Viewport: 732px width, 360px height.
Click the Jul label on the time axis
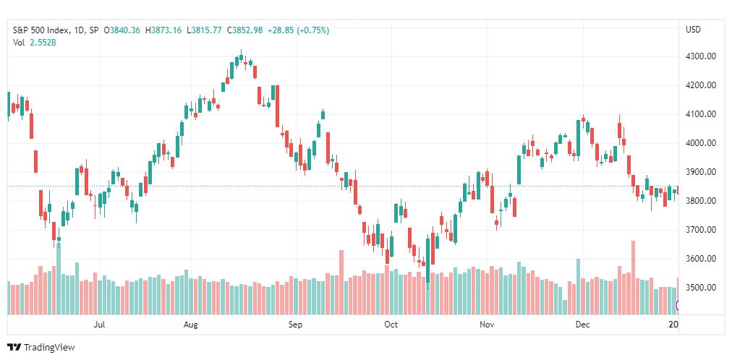99,325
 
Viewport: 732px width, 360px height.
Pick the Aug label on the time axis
191,325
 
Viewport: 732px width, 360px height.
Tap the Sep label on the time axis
296,325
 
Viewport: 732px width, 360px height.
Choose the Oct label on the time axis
391,325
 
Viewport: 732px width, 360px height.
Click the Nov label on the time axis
487,325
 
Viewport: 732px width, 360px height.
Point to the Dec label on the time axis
582,325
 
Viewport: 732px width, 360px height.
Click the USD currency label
693,30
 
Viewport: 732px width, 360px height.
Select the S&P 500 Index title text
41,30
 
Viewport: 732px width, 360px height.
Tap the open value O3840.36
122,30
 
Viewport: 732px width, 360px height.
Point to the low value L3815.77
204,30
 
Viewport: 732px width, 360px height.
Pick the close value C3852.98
244,30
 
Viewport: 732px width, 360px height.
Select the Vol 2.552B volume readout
35,43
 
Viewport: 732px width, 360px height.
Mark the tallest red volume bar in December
633,278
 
